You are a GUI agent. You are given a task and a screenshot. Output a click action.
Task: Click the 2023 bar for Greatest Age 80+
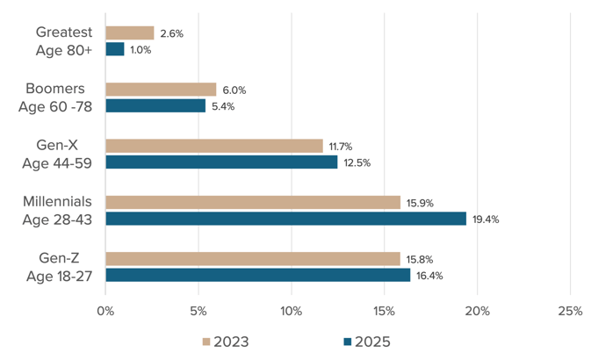click(x=130, y=32)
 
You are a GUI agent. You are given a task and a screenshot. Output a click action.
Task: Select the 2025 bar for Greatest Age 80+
click(x=115, y=49)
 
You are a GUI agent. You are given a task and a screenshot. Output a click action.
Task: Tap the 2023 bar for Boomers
click(x=161, y=89)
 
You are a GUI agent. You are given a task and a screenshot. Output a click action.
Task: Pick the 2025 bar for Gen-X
click(x=221, y=162)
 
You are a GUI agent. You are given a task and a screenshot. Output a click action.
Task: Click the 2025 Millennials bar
click(x=285, y=219)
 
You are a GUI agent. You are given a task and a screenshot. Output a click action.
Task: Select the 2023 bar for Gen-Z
click(x=252, y=259)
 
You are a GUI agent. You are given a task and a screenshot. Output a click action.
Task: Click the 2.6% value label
click(x=171, y=33)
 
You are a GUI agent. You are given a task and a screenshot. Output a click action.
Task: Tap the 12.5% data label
click(x=356, y=162)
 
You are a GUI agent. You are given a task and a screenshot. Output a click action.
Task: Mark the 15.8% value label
click(x=418, y=259)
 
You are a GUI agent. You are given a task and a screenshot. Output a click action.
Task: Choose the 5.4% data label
click(x=223, y=106)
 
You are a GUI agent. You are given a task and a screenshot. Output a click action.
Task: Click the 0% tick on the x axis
click(x=105, y=311)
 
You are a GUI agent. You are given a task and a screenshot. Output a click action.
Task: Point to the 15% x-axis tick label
click(x=384, y=311)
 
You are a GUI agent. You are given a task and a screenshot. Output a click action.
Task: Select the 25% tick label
click(x=569, y=311)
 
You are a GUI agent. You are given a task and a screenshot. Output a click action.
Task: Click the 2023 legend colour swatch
click(x=207, y=342)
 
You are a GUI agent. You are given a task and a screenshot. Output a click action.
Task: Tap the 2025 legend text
click(x=372, y=342)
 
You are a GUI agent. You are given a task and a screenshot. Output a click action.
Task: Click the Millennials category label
click(x=57, y=202)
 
